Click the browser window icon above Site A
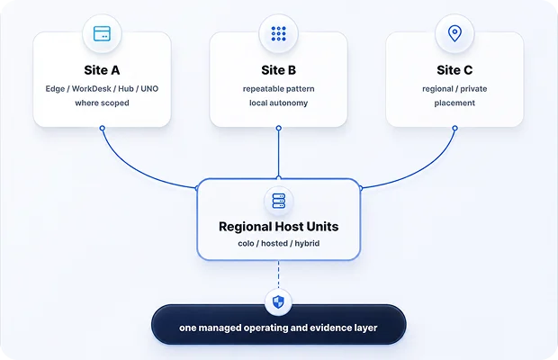click(102, 34)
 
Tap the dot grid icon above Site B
click(279, 34)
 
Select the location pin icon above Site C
click(454, 34)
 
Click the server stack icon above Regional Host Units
click(279, 201)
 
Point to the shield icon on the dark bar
click(278, 302)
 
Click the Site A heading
click(102, 70)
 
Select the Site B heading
click(279, 70)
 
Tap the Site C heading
click(454, 70)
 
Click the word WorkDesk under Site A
click(92, 88)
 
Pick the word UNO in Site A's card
click(149, 88)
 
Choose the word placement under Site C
click(454, 103)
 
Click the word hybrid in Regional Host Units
click(307, 243)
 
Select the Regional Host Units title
click(279, 227)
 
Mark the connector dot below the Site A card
click(102, 128)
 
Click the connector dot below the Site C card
click(454, 128)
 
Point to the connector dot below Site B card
click(279, 128)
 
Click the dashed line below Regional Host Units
click(279, 274)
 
